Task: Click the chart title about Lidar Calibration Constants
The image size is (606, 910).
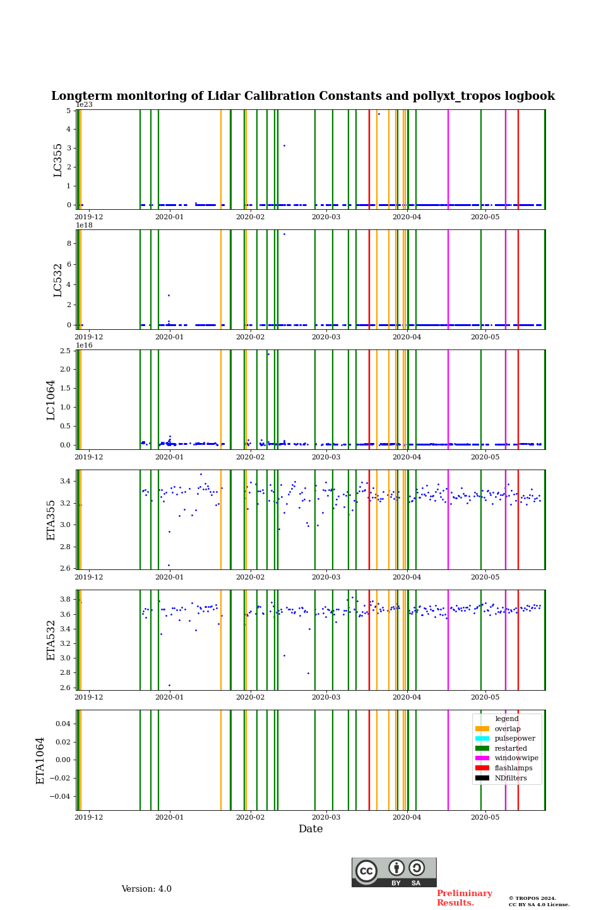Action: [x=303, y=96]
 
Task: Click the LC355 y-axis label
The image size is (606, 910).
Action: [x=58, y=160]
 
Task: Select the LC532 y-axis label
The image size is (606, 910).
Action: [x=58, y=280]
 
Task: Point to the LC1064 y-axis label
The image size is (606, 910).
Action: [x=51, y=400]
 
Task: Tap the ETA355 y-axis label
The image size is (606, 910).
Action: [x=51, y=520]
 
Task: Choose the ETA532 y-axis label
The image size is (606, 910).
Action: [x=51, y=640]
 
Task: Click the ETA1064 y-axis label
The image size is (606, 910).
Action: [x=40, y=760]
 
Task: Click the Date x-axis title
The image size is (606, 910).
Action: [x=311, y=829]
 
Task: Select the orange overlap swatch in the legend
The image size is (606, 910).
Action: [x=482, y=729]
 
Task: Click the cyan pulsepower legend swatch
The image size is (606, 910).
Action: [x=482, y=738]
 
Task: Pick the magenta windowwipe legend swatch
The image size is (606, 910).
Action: [x=482, y=758]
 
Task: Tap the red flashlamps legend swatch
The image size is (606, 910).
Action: [x=482, y=768]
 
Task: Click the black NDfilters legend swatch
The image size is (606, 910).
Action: [x=482, y=778]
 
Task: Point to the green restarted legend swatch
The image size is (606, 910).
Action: [x=482, y=748]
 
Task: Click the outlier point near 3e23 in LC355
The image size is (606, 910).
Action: [x=284, y=145]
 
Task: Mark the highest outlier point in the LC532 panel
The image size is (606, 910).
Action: [x=284, y=234]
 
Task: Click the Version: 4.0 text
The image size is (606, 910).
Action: [x=146, y=889]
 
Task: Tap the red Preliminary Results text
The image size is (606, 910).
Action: [x=464, y=898]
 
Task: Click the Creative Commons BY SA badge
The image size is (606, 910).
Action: [x=394, y=872]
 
